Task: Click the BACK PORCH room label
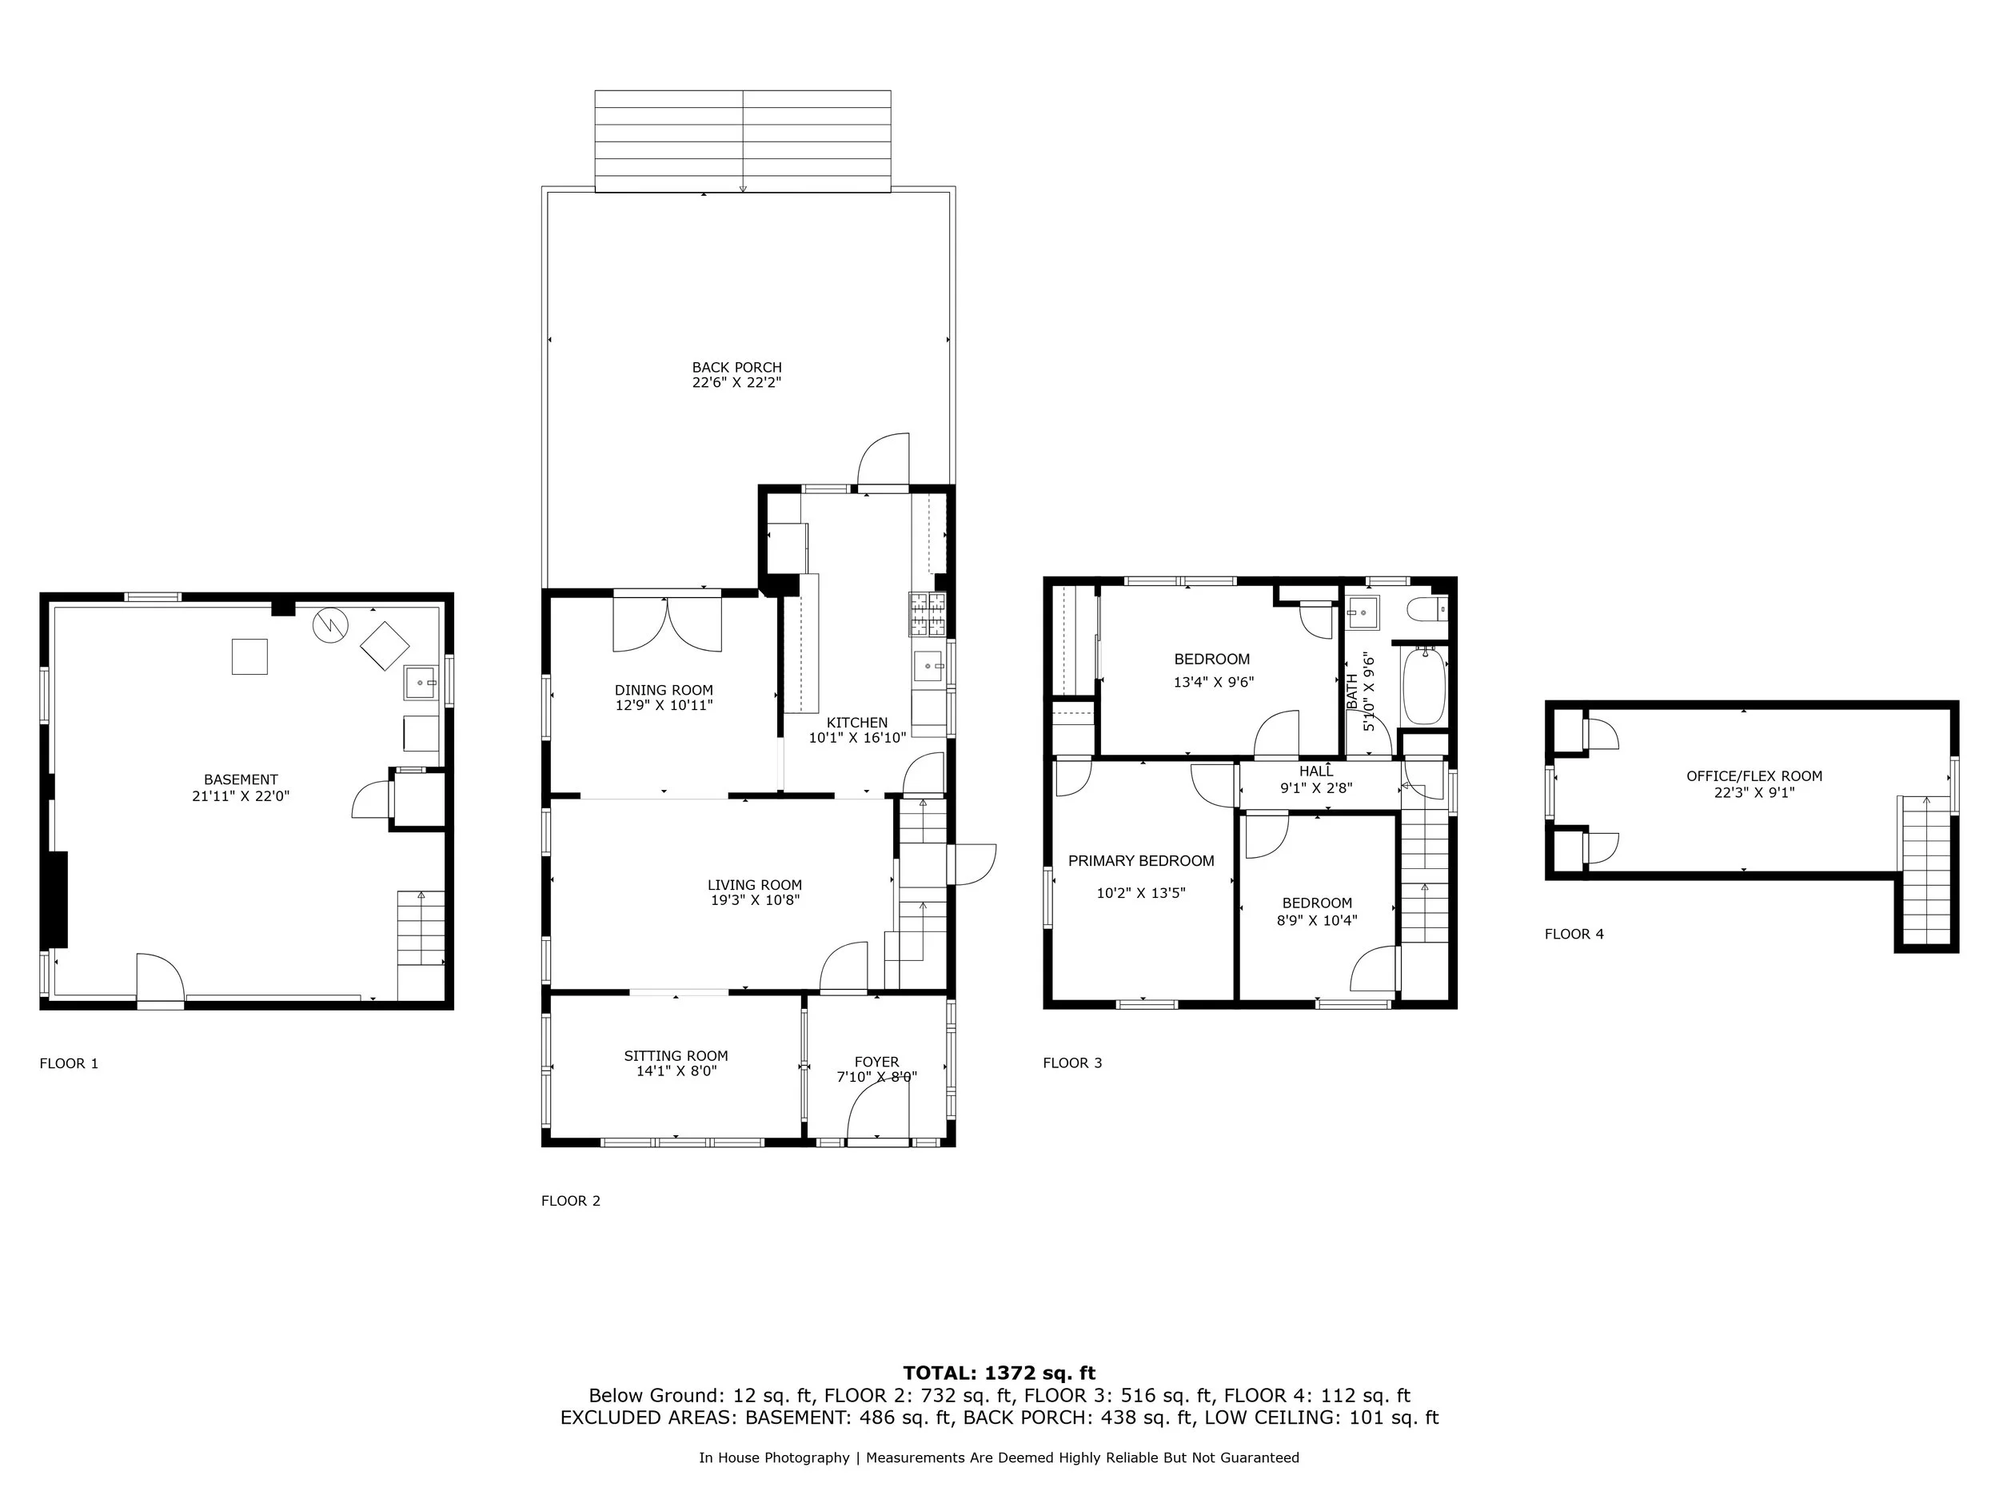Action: coord(736,368)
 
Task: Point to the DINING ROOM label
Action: coord(664,690)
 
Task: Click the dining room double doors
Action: coord(667,624)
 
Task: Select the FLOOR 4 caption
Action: coord(1574,935)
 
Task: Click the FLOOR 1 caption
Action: coord(69,1063)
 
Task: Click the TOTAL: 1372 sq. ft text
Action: coord(999,1373)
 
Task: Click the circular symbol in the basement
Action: coord(330,625)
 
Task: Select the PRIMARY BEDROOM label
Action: coord(1140,861)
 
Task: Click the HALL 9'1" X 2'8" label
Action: coord(1316,779)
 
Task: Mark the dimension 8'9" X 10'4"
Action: coord(1317,921)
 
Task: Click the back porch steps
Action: coord(743,141)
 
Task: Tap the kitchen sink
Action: coord(928,667)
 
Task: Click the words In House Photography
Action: coord(773,1457)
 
